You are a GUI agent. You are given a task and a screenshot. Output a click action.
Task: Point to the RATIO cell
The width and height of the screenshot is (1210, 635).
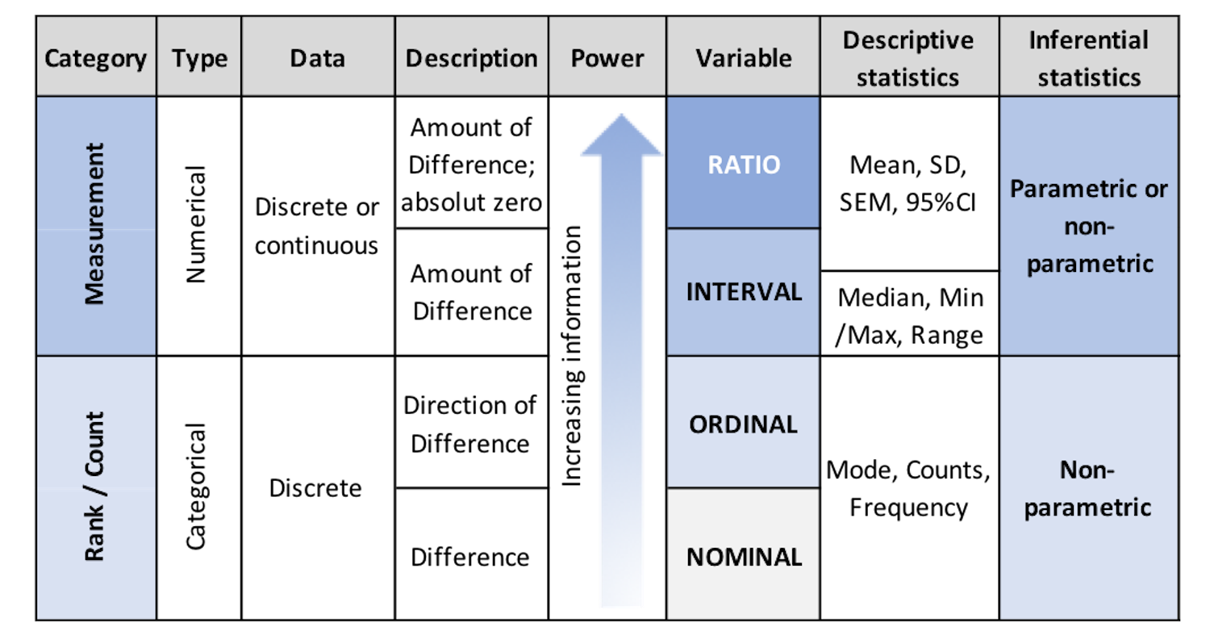744,163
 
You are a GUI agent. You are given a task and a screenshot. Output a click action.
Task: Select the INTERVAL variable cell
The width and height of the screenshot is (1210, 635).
744,292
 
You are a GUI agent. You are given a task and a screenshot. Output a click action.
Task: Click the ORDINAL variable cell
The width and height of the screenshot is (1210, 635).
744,423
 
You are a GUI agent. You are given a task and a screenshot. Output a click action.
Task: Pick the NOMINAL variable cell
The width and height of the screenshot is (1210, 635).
744,555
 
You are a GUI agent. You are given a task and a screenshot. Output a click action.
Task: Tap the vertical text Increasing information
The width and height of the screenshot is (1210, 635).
571,356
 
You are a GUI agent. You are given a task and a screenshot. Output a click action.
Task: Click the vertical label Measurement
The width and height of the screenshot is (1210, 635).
94,224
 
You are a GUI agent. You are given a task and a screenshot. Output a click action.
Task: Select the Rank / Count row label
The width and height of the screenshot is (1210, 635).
94,487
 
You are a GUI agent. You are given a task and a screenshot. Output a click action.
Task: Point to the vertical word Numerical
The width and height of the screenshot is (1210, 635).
195,224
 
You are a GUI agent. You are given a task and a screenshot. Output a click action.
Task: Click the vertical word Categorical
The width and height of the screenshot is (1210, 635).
195,487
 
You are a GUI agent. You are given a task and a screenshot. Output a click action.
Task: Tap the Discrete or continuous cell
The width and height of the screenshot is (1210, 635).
317,226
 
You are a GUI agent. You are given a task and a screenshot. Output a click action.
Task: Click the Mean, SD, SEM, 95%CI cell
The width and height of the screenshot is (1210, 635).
908,184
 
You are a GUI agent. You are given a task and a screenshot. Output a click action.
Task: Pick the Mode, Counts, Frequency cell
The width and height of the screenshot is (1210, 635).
908,488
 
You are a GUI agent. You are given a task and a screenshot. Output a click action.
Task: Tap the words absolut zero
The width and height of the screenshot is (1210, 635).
471,203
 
